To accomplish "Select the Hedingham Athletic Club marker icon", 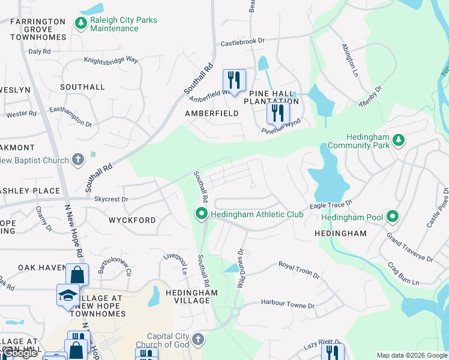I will pos(202,214).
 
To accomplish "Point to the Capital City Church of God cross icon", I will pos(199,340).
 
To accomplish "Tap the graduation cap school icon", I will pos(68,294).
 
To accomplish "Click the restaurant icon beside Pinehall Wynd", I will pos(277,112).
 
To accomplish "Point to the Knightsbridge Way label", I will pos(111,61).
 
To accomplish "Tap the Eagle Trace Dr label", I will pos(330,205).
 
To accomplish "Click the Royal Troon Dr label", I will pos(300,269).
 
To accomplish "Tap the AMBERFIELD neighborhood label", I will pos(207,113).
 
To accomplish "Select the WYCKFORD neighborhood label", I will pos(132,220).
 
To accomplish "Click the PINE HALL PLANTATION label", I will pos(271,97).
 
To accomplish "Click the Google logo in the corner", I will pos(21,353).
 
